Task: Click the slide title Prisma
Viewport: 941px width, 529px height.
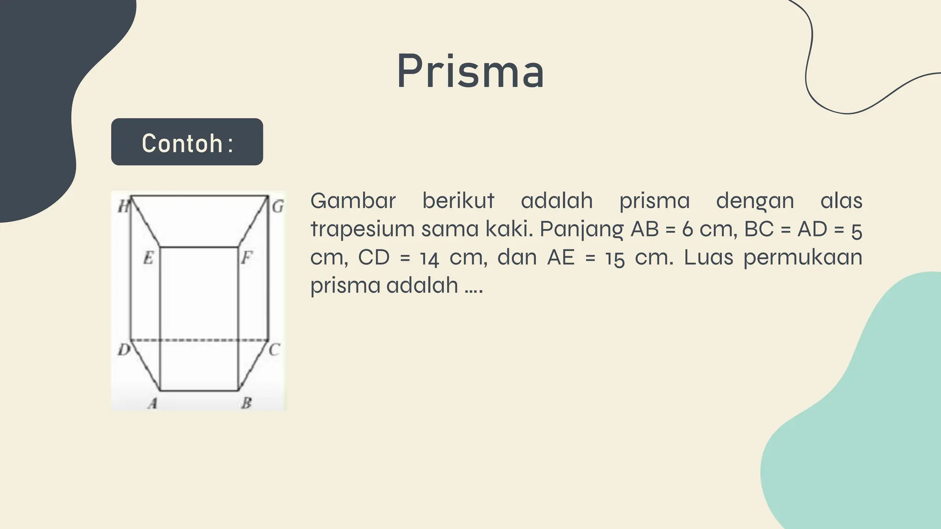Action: pyautogui.click(x=470, y=72)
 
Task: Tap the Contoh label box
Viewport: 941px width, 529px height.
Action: pyautogui.click(x=187, y=142)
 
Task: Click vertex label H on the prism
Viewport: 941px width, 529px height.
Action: pyautogui.click(x=123, y=206)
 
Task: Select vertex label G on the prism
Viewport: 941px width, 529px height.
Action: pyautogui.click(x=278, y=206)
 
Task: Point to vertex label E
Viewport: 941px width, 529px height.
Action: pyautogui.click(x=148, y=258)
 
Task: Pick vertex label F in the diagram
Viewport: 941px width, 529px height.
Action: pyautogui.click(x=247, y=258)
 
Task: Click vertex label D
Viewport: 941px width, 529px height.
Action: pyautogui.click(x=124, y=350)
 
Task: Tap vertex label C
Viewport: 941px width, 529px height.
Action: pyautogui.click(x=274, y=350)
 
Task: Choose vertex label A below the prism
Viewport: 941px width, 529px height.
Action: pyautogui.click(x=153, y=403)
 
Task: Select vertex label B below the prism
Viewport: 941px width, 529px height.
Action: pyautogui.click(x=247, y=403)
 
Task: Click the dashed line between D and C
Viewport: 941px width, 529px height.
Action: pyautogui.click(x=199, y=340)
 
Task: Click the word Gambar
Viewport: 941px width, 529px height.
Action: pyautogui.click(x=352, y=201)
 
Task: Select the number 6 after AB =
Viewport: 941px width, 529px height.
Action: pyautogui.click(x=687, y=229)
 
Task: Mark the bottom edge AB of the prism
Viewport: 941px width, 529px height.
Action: pyautogui.click(x=199, y=391)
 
